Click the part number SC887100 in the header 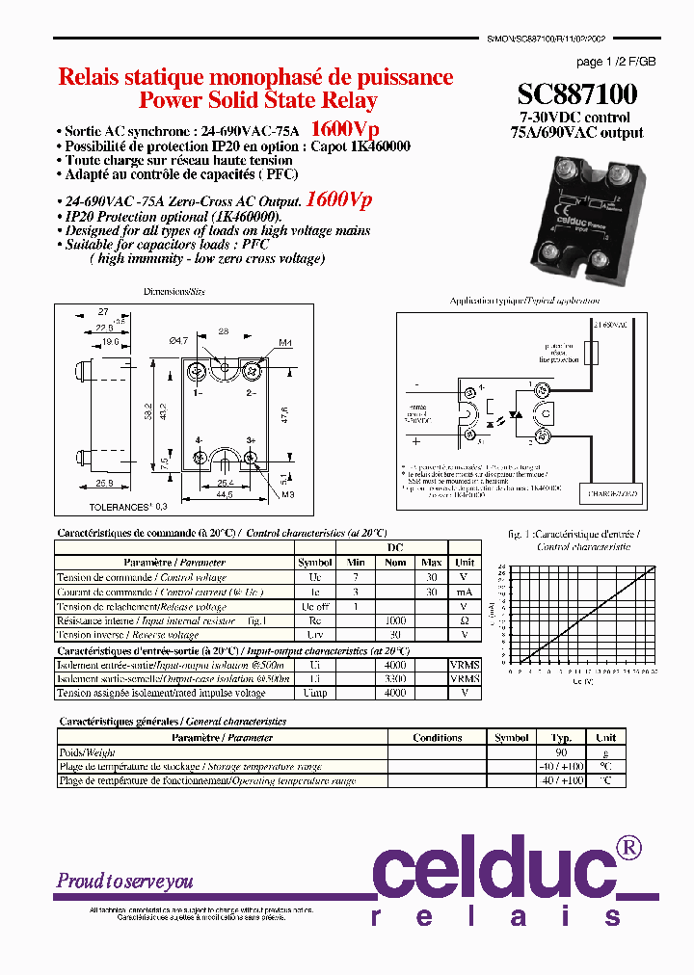(576, 93)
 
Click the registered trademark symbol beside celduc (627, 847)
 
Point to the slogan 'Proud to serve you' (124, 881)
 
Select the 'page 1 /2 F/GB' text (616, 62)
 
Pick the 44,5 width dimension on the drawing (224, 495)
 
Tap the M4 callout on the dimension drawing (285, 343)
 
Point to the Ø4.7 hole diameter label (178, 340)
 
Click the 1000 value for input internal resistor (395, 620)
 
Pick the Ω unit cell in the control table (465, 620)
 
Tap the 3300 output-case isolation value (395, 678)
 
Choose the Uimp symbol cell (314, 693)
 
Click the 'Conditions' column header (438, 738)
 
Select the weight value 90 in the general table (561, 752)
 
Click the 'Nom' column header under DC (395, 562)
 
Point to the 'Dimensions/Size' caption (174, 291)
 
